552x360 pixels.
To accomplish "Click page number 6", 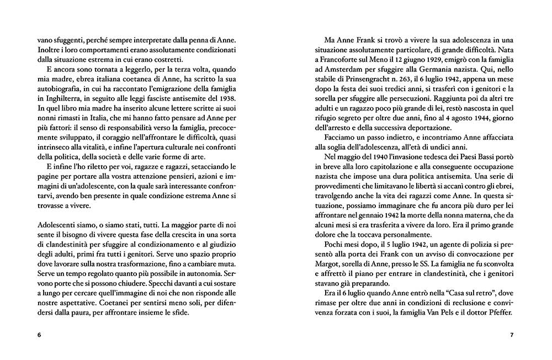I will [x=39, y=335].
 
